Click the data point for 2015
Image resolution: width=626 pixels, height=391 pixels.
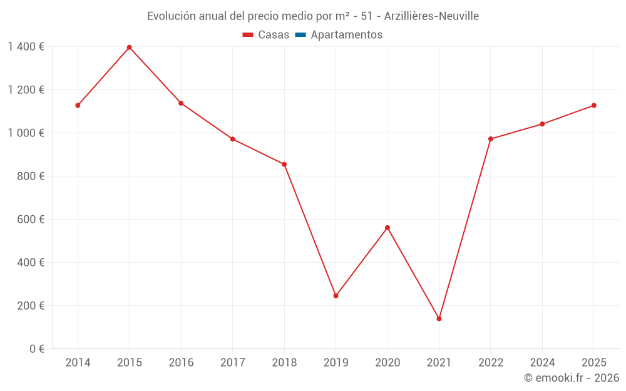click(130, 48)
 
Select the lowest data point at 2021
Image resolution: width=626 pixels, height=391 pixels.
click(439, 318)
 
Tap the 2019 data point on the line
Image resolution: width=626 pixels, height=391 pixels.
click(336, 296)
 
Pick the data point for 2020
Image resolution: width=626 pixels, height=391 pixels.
click(387, 228)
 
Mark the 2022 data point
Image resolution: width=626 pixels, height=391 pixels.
click(491, 139)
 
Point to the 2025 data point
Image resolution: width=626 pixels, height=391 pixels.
click(593, 105)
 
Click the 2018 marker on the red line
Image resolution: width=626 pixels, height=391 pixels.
click(284, 165)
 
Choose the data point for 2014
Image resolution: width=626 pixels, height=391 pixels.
click(78, 105)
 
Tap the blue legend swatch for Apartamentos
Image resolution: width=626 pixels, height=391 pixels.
click(300, 35)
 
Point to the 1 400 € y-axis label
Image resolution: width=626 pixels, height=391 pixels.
click(26, 47)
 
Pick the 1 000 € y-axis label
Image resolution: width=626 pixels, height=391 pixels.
click(26, 133)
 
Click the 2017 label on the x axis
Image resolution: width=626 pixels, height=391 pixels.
click(232, 363)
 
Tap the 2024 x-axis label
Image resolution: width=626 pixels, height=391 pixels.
click(542, 363)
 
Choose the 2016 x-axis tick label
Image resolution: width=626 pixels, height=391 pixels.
click(181, 363)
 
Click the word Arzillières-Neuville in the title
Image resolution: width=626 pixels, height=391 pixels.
click(431, 16)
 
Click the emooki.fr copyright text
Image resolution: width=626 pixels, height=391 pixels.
click(572, 378)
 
